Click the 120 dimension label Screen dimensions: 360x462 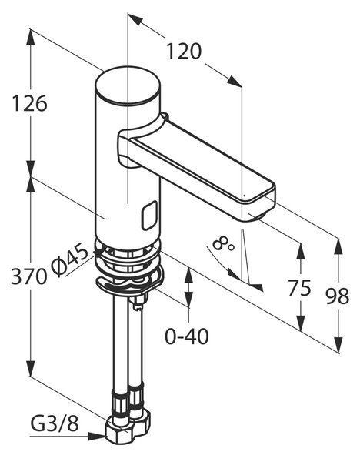[x=184, y=52]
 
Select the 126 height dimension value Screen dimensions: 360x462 [x=29, y=103]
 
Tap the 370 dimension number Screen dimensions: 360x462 [x=29, y=276]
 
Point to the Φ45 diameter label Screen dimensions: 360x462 [x=70, y=260]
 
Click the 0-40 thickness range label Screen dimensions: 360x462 [x=187, y=336]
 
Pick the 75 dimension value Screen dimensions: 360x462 [x=299, y=287]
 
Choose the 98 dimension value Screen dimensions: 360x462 [x=338, y=296]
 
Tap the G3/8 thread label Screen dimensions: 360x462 [x=55, y=424]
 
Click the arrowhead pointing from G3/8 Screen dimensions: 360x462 [x=97, y=437]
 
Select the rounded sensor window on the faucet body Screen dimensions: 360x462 [x=149, y=216]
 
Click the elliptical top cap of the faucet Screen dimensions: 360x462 [x=128, y=85]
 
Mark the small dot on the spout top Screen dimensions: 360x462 [x=244, y=195]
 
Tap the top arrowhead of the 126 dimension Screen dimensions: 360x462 [x=30, y=37]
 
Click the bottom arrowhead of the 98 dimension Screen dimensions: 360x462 [x=338, y=344]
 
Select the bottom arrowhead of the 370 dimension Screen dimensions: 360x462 [x=30, y=368]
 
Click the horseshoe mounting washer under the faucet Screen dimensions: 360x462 [x=128, y=283]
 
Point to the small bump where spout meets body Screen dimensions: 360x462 [x=165, y=115]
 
